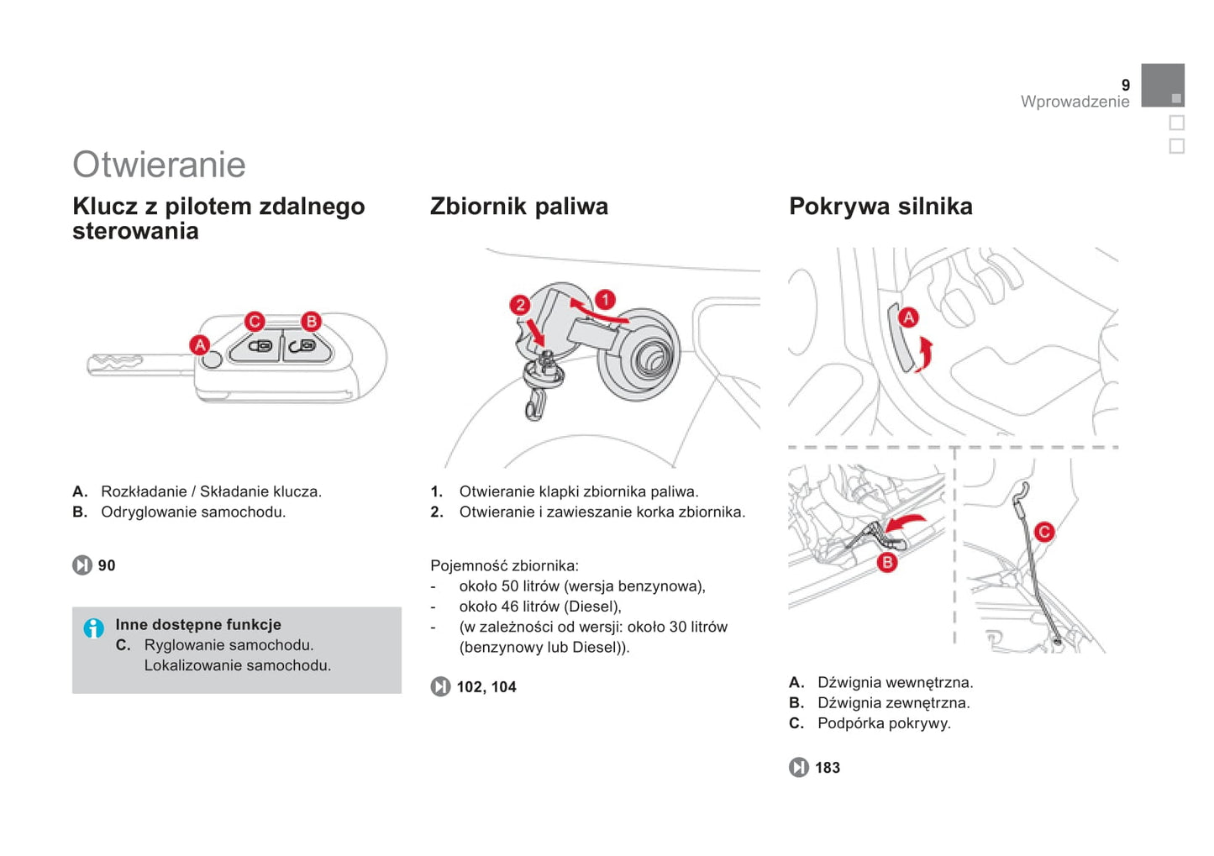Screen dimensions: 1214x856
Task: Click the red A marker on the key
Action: coord(199,345)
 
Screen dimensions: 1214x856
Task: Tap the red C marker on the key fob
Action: coord(255,321)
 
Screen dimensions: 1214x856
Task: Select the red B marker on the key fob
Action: coord(311,321)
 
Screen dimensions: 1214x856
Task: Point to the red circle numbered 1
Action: coord(606,300)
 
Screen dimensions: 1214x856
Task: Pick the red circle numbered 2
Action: coord(520,304)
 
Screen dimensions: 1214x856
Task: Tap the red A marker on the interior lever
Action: coord(909,317)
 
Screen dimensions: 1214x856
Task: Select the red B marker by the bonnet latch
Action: coord(887,562)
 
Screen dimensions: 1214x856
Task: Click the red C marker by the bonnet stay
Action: coord(1044,532)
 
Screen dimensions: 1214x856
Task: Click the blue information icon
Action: coord(94,628)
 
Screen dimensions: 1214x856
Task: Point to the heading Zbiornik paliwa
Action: coord(519,207)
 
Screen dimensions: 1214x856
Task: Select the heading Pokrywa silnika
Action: coord(880,207)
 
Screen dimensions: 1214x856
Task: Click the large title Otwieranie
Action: coord(160,165)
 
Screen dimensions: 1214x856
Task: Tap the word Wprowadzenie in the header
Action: coord(1075,102)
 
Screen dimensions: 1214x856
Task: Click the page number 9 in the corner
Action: coord(1126,85)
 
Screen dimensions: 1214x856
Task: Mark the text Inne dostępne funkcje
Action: coord(198,625)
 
